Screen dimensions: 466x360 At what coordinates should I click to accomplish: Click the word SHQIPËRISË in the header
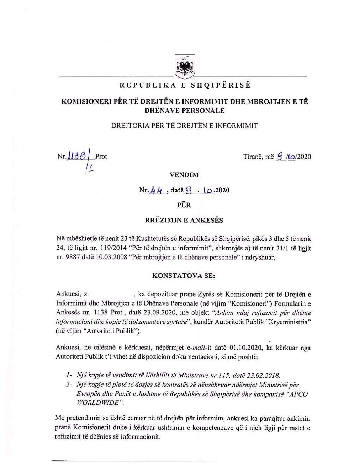(x=221, y=85)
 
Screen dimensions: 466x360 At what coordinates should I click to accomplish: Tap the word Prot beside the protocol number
(x=101, y=156)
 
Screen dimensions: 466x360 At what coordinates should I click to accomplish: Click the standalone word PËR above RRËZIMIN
(x=184, y=205)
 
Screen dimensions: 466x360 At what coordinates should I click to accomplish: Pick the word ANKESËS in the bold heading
(x=207, y=220)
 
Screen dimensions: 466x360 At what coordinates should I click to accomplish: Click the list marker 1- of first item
(x=69, y=375)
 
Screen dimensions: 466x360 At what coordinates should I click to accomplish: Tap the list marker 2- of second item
(x=69, y=385)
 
